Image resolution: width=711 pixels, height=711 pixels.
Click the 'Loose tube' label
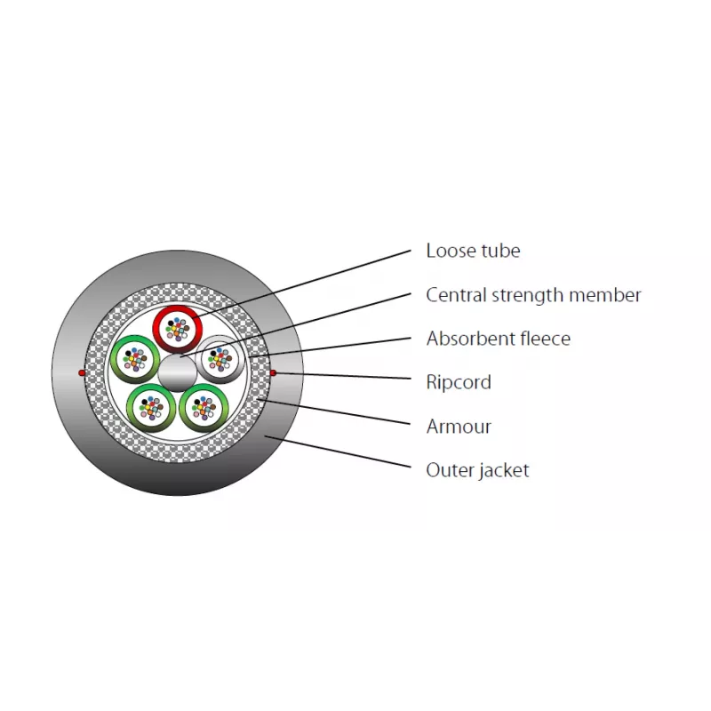(473, 251)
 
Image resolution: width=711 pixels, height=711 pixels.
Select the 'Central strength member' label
(534, 295)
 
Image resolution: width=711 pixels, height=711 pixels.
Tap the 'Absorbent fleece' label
(499, 339)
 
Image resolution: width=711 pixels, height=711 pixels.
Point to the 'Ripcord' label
(459, 382)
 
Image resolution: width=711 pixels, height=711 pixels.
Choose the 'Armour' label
(459, 427)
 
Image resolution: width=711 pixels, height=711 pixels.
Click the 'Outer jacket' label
(477, 471)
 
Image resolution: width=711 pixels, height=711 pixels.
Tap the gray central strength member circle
(177, 372)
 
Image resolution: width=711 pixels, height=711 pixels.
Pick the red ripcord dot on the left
(82, 372)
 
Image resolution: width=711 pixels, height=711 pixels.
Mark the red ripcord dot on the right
(273, 372)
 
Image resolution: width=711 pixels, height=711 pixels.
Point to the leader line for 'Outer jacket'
(338, 451)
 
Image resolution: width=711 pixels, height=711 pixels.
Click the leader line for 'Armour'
(334, 411)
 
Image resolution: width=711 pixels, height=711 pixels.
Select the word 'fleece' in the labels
(546, 339)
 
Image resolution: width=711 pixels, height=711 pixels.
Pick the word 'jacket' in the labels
(503, 471)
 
